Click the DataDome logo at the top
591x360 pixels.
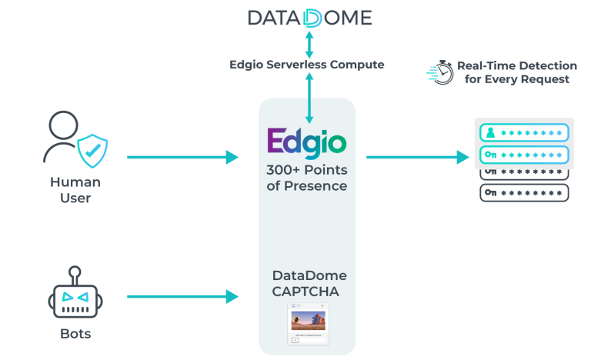click(309, 18)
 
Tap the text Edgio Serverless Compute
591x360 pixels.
click(306, 65)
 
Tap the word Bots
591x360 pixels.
click(75, 334)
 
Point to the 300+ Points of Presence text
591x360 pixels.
click(306, 178)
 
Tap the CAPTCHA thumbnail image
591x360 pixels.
click(308, 323)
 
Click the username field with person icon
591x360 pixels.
click(524, 133)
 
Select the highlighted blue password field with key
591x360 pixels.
click(524, 155)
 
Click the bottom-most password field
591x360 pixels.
click(524, 192)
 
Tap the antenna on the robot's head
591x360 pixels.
click(74, 272)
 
